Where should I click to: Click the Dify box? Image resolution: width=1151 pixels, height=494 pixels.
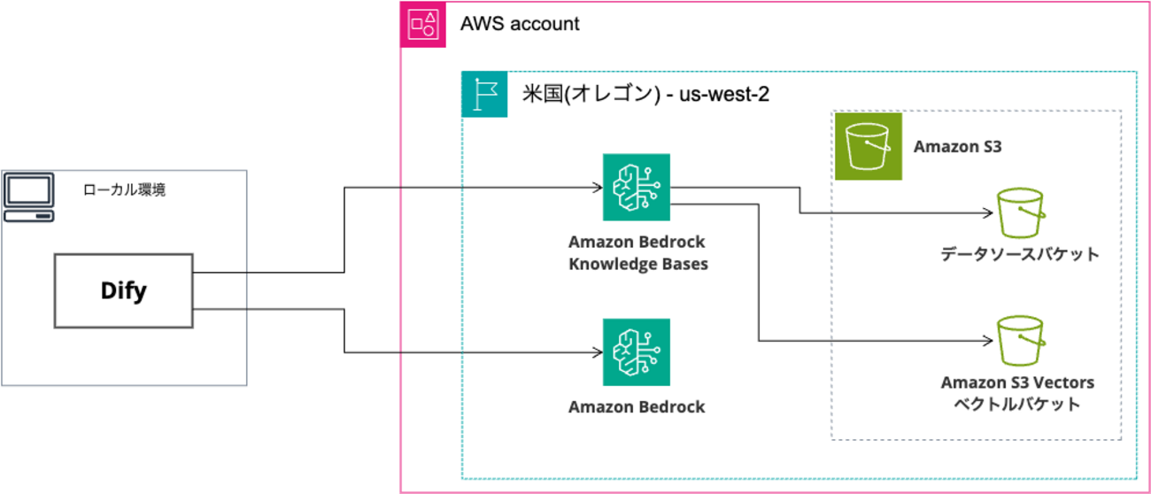123,289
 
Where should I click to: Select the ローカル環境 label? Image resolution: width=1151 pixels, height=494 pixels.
124,189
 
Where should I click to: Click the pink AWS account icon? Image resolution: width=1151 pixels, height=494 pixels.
423,24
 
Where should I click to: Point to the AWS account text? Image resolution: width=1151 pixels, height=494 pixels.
520,24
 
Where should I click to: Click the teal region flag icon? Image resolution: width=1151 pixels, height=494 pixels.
484,95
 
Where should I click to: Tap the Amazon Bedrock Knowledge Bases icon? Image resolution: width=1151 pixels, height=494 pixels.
637,187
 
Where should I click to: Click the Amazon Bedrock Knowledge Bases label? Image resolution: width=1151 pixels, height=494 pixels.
637,252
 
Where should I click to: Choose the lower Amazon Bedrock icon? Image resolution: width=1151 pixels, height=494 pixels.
637,352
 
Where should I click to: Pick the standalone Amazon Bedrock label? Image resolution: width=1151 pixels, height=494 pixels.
637,407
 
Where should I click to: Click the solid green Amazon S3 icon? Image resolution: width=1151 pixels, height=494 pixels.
868,146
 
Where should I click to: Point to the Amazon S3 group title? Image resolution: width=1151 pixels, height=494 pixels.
957,146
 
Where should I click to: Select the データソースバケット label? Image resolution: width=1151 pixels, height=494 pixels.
1020,255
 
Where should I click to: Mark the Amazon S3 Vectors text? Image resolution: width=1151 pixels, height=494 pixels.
1017,383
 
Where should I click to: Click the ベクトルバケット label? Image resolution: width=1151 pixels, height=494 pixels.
1017,405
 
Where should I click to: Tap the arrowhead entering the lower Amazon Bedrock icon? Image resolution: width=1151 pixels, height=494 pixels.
596,352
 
